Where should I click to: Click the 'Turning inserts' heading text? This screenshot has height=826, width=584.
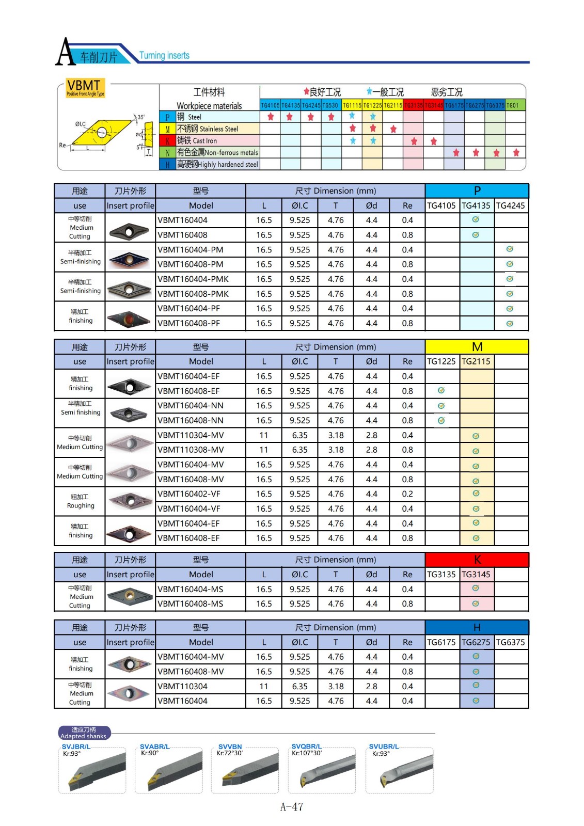pyautogui.click(x=164, y=56)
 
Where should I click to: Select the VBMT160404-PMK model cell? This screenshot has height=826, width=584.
pyautogui.click(x=193, y=279)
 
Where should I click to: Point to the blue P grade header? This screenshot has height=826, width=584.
pyautogui.click(x=477, y=191)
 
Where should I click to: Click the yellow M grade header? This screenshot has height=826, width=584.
pyautogui.click(x=477, y=347)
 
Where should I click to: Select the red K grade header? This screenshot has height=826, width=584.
pyautogui.click(x=477, y=560)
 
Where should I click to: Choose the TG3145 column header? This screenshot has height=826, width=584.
pyautogui.click(x=476, y=575)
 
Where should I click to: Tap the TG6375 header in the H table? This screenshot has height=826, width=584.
pyautogui.click(x=510, y=642)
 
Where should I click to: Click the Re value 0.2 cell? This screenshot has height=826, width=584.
pyautogui.click(x=407, y=494)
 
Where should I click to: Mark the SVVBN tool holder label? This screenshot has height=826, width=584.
pyautogui.click(x=230, y=746)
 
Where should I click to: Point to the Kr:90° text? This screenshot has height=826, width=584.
pyautogui.click(x=150, y=753)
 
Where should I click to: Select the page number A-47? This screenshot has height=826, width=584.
pyautogui.click(x=292, y=807)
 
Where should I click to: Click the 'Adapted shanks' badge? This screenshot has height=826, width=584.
pyautogui.click(x=84, y=733)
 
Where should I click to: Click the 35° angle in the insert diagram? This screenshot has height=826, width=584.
pyautogui.click(x=141, y=117)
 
